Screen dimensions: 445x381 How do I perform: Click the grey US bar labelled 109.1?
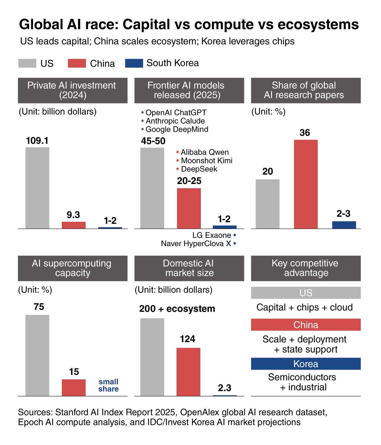(37, 188)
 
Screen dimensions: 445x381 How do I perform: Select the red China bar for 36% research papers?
(306, 184)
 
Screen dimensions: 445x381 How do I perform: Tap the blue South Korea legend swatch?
(134, 63)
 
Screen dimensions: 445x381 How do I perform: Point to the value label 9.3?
(73, 215)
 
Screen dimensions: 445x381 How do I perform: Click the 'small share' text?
(108, 386)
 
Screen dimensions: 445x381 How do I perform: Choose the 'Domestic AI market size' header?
(189, 268)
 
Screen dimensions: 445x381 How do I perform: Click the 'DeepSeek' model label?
(199, 169)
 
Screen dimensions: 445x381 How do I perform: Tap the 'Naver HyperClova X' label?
(196, 244)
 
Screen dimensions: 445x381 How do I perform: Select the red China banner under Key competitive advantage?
(306, 325)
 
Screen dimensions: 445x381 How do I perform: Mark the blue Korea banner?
(306, 364)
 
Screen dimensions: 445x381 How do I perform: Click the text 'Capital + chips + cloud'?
(305, 307)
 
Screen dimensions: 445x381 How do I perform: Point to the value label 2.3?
(224, 388)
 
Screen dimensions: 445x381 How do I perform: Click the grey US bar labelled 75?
(37, 355)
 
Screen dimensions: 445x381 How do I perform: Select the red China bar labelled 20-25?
(189, 208)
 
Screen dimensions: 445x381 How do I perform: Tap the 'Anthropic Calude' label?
(175, 121)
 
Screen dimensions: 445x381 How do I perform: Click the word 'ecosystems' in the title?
(318, 24)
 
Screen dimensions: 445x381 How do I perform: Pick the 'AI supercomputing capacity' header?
(73, 268)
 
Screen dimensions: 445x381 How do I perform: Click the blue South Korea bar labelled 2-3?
(344, 225)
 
